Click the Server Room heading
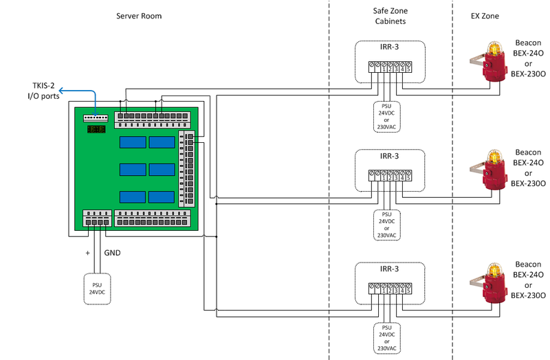pyautogui.click(x=139, y=16)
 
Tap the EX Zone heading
pyautogui.click(x=485, y=16)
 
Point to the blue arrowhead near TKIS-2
pyautogui.click(x=60, y=90)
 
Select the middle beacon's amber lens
pyautogui.click(x=492, y=159)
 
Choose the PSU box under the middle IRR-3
pyautogui.click(x=386, y=224)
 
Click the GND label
pyautogui.click(x=113, y=252)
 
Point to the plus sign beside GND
pyautogui.click(x=87, y=252)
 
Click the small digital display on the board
pyautogui.click(x=96, y=129)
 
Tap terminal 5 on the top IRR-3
pyautogui.click(x=408, y=67)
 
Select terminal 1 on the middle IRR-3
pyautogui.click(x=382, y=177)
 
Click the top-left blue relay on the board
pyautogui.click(x=132, y=142)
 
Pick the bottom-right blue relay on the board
pyautogui.click(x=162, y=196)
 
